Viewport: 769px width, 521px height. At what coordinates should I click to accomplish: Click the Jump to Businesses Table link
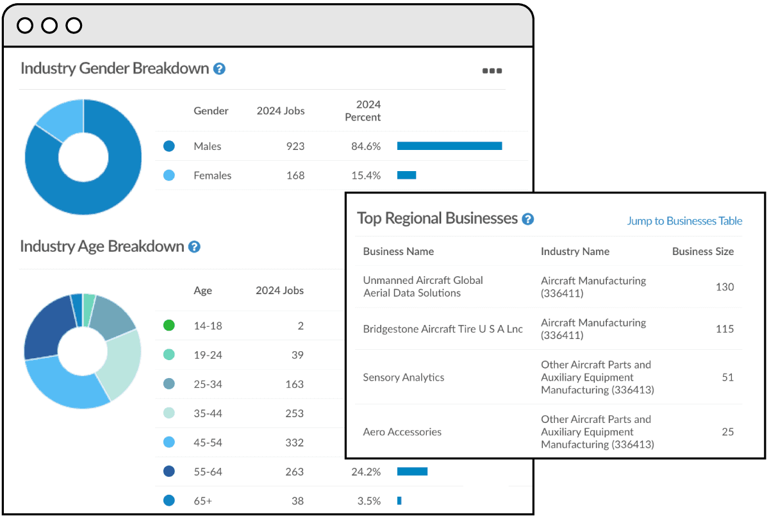[x=684, y=221]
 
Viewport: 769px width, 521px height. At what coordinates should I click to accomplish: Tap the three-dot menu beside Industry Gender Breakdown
[x=492, y=71]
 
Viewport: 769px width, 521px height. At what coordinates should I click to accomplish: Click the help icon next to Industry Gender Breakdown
[x=219, y=69]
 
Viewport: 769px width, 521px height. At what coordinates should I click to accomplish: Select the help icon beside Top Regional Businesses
[x=527, y=219]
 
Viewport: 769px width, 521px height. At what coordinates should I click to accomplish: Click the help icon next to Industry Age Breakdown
[x=194, y=247]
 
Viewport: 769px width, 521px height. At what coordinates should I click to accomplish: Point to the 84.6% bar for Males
[x=449, y=146]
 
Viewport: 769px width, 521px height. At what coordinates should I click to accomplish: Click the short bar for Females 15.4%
[x=406, y=175]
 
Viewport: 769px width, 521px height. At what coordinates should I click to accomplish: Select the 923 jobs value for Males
[x=295, y=146]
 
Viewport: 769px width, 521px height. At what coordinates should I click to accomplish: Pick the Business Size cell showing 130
[x=724, y=287]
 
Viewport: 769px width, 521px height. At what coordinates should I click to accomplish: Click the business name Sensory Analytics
[x=404, y=377]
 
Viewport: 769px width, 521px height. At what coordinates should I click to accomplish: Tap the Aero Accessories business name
[x=402, y=432]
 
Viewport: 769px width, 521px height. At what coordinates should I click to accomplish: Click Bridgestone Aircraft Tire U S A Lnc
[x=443, y=329]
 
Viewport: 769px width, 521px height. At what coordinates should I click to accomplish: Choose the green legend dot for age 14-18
[x=169, y=326]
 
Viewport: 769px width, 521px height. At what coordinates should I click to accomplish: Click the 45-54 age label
[x=208, y=442]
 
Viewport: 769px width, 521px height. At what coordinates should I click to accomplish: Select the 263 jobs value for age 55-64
[x=294, y=472]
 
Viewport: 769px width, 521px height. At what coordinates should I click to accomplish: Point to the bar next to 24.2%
[x=412, y=472]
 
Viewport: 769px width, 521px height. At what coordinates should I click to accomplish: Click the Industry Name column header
[x=575, y=251]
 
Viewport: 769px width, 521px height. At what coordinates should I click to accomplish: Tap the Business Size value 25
[x=727, y=432]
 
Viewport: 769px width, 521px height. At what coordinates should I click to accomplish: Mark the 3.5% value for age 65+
[x=368, y=500]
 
